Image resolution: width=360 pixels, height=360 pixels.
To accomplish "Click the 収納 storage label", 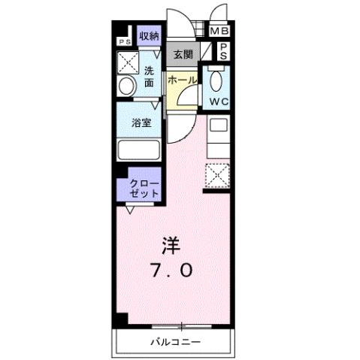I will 149,35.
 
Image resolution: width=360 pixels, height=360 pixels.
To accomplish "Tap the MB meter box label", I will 219,31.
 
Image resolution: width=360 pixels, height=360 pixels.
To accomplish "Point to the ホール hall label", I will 182,80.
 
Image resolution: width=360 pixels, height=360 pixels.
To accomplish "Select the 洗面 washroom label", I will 149,77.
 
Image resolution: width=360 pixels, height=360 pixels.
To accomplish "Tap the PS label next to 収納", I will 123,42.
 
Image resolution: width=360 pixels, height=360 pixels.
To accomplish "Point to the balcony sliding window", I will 180,326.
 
